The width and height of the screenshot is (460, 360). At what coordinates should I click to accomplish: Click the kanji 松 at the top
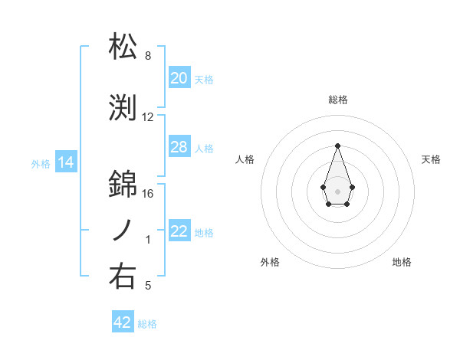point(123,47)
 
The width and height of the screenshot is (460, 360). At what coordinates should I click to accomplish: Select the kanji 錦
point(123,184)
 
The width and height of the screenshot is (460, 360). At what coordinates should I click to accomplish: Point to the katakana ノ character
point(123,230)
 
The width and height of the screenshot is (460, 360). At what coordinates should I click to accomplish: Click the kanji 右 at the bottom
point(123,276)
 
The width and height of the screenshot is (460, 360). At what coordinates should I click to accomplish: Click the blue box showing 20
point(179,78)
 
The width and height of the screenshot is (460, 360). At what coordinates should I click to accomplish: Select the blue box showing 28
point(179,147)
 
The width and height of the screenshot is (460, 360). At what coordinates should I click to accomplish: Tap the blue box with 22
point(179,232)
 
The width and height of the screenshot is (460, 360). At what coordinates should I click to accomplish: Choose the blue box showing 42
point(123,322)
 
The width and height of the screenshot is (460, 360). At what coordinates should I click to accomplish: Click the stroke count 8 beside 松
point(148,56)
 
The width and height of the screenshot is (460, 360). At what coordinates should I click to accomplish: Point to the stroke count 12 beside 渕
point(148,117)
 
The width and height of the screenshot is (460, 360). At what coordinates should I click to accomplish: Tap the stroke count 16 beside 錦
point(148,193)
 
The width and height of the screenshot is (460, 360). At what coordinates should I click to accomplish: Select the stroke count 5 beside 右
point(148,286)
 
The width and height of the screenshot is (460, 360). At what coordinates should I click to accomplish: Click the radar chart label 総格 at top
point(337,100)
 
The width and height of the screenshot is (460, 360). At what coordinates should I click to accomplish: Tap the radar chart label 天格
point(431,159)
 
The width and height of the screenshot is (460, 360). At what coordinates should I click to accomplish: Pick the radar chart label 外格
point(270,262)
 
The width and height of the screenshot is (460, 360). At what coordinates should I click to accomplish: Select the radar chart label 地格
point(402,262)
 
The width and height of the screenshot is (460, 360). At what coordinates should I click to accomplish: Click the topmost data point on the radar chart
point(337,146)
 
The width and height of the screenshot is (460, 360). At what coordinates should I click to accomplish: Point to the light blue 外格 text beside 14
point(40,163)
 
